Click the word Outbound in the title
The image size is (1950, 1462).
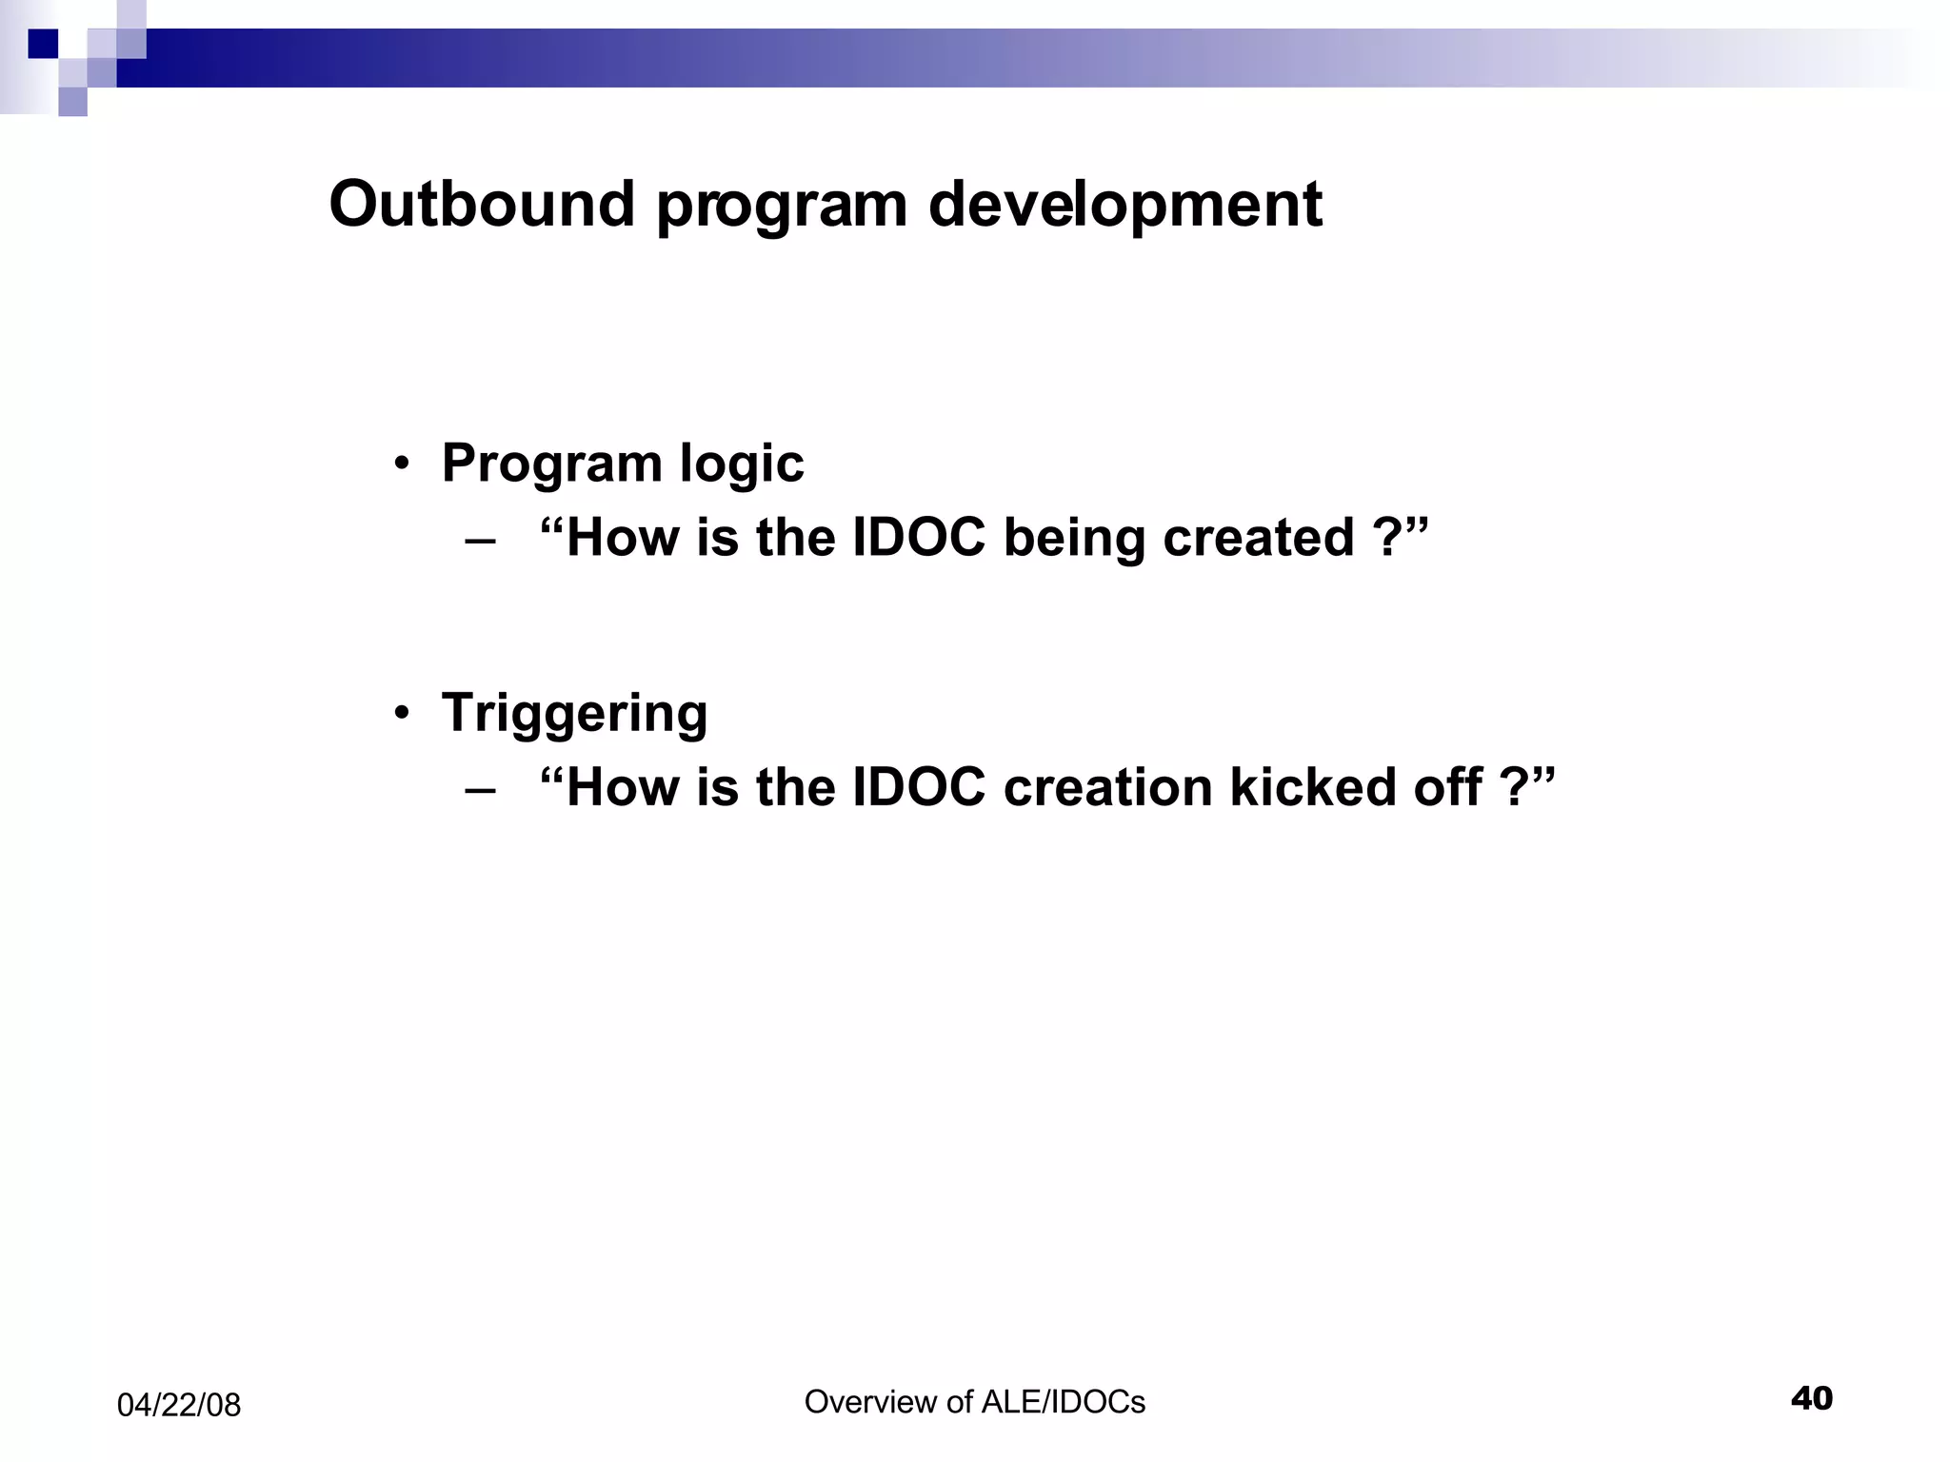(x=482, y=205)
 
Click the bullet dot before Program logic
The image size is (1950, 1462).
(x=403, y=464)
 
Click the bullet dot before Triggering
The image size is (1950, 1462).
(x=403, y=714)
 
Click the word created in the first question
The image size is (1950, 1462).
(x=1258, y=539)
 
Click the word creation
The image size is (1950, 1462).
(x=1107, y=788)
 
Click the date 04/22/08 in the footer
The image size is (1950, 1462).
(x=179, y=1405)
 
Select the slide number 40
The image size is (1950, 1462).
(x=1811, y=1398)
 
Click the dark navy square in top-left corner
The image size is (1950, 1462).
(x=43, y=44)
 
